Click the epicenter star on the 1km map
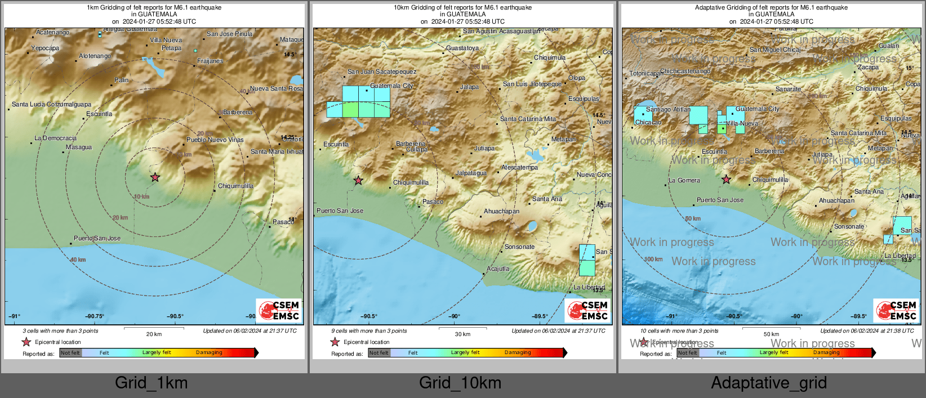[x=155, y=177]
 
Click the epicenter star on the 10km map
[x=358, y=181]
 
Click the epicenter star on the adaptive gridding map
[x=727, y=180]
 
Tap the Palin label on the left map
[x=121, y=80]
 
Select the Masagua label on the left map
[x=78, y=147]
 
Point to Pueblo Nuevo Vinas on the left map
[x=215, y=140]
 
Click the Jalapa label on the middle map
[x=469, y=87]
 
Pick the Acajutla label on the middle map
[x=497, y=269]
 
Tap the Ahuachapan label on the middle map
[x=501, y=212]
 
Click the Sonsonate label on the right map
[x=849, y=226]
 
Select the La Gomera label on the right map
[x=684, y=181]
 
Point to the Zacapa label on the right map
[x=867, y=67]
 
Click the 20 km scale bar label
[x=154, y=334]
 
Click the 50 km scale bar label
[x=771, y=334]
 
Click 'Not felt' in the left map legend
[x=70, y=353]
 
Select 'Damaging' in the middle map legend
[x=517, y=352]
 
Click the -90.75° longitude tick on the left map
[x=95, y=316]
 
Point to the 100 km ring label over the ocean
[x=653, y=260]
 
